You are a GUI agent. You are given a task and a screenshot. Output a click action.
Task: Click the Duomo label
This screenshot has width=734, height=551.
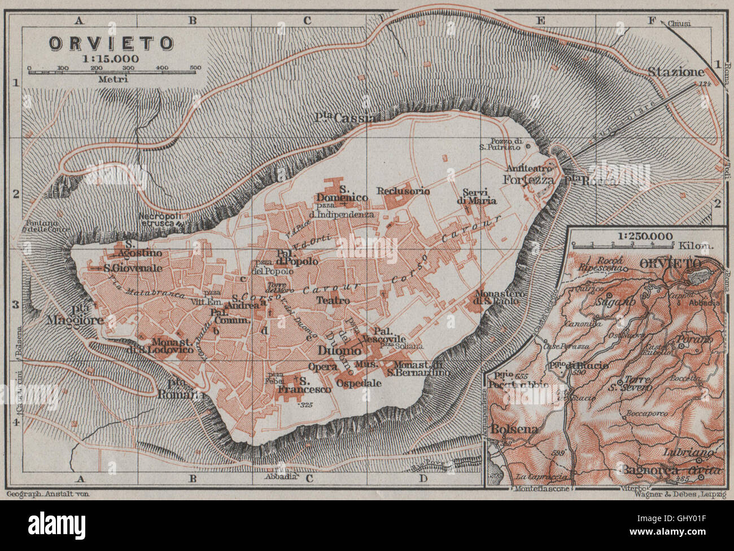click(340, 351)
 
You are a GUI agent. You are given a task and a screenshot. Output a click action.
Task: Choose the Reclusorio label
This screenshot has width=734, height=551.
click(404, 191)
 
